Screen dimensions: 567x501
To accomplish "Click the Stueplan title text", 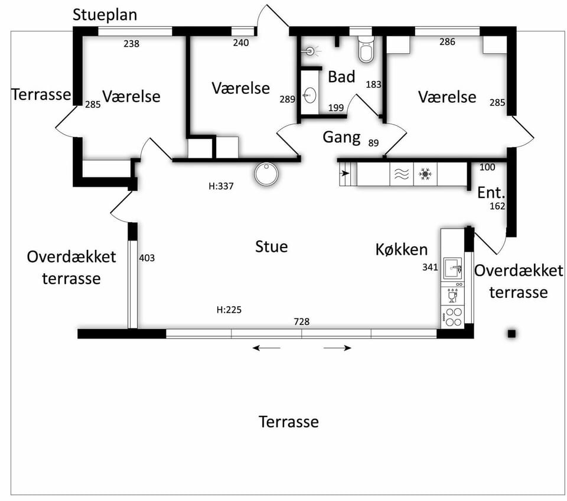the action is [x=105, y=15].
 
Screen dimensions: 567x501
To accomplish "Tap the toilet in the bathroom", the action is [x=366, y=49].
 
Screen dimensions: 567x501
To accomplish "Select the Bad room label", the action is [x=341, y=77].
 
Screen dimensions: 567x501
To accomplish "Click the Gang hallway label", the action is [x=342, y=138].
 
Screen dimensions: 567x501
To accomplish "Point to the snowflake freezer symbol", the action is [x=425, y=174].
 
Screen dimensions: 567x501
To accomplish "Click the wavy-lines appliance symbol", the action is [x=402, y=174].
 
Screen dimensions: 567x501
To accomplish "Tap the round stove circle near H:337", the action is [x=266, y=174].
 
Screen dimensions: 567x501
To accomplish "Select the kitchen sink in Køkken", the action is [x=452, y=268].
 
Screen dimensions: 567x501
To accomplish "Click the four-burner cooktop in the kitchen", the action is [x=453, y=317].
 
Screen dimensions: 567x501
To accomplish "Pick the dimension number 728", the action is [x=302, y=321].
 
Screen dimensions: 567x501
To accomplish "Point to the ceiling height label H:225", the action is [x=229, y=310].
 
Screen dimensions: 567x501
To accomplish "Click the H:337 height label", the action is [x=221, y=186].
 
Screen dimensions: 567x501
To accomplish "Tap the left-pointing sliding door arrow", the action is [x=266, y=348].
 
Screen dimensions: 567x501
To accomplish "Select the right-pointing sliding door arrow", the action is [x=337, y=348].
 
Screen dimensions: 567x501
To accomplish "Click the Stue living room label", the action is [x=272, y=247].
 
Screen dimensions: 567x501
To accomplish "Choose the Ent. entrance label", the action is [x=491, y=193].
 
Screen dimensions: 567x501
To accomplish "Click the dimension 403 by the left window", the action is [x=147, y=258].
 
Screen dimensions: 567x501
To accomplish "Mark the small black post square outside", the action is [x=511, y=334].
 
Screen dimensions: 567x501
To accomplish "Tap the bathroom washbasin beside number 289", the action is [x=309, y=96].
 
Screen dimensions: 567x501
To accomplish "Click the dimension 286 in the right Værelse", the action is [x=447, y=42].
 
